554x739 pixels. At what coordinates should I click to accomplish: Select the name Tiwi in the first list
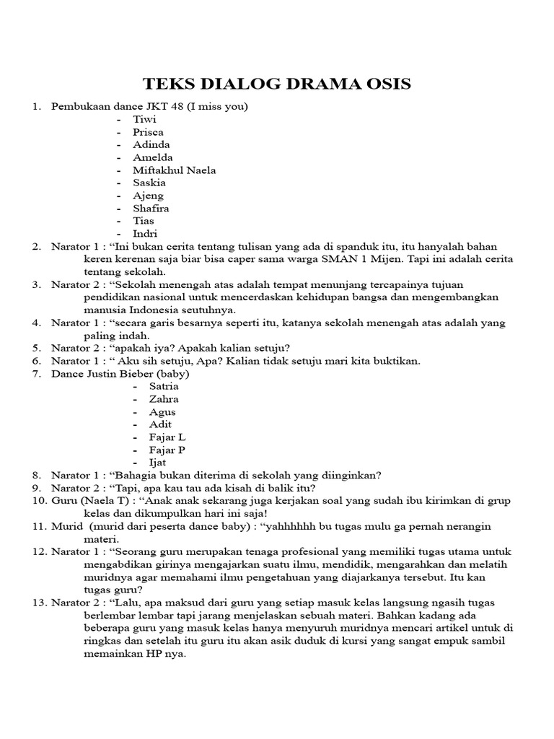[144, 119]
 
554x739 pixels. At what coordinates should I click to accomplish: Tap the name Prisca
[148, 132]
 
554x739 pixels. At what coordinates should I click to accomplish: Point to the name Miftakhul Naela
[174, 170]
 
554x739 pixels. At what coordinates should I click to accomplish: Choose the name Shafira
[151, 208]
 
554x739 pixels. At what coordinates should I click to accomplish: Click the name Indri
[145, 234]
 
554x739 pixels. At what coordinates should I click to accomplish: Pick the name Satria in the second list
[163, 386]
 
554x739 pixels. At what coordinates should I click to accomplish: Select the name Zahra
[163, 399]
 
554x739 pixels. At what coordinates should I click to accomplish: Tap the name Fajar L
[167, 437]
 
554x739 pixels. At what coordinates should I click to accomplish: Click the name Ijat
[157, 462]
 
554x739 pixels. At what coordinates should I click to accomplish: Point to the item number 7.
[35, 373]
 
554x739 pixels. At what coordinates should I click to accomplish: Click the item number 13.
[38, 602]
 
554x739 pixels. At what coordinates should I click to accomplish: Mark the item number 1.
[35, 107]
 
